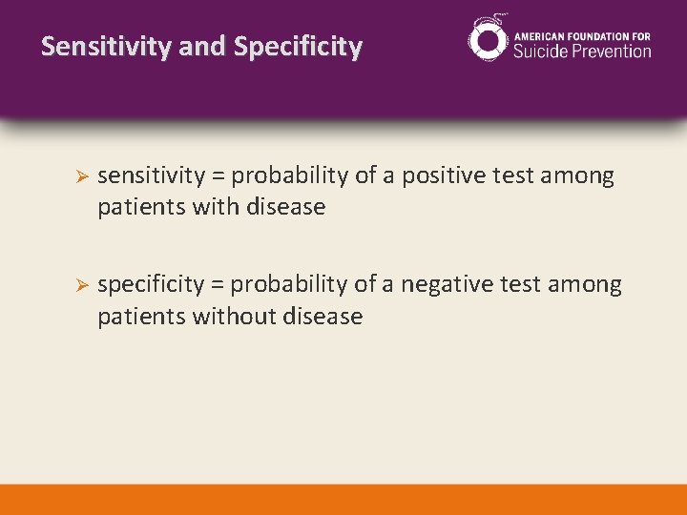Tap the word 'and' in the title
pyautogui.click(x=210, y=47)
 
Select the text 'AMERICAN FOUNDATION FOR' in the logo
pyautogui.click(x=582, y=35)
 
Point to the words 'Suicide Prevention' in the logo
pyautogui.click(x=582, y=51)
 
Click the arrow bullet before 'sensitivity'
pyautogui.click(x=82, y=177)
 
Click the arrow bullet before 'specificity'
pyautogui.click(x=82, y=286)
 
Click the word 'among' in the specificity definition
pyautogui.click(x=588, y=285)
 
